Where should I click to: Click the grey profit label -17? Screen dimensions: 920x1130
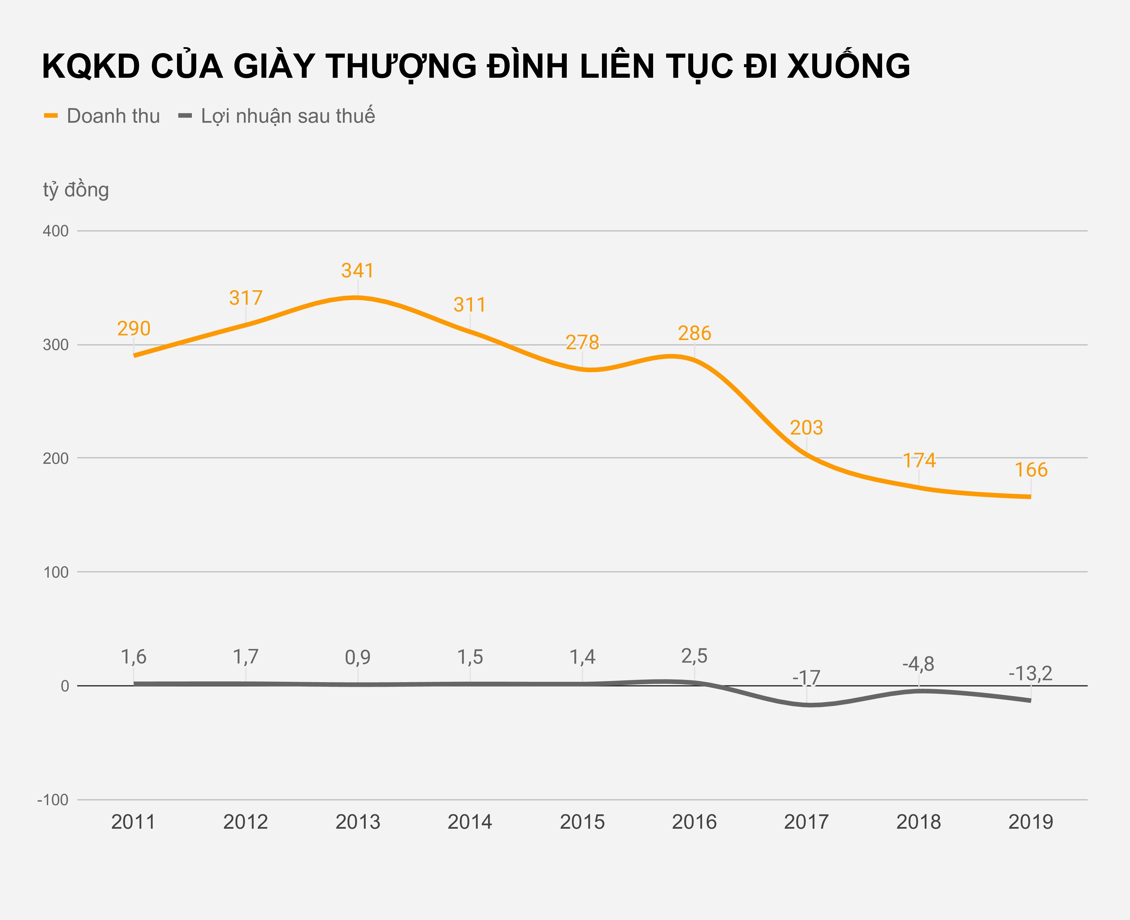(806, 678)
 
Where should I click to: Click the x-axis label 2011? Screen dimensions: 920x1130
(133, 822)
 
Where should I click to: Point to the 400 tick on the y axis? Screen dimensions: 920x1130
(55, 231)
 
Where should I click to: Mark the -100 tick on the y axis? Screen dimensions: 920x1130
(53, 800)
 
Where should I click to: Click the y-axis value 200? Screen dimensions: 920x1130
(55, 458)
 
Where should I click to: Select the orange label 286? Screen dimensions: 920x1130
(694, 333)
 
